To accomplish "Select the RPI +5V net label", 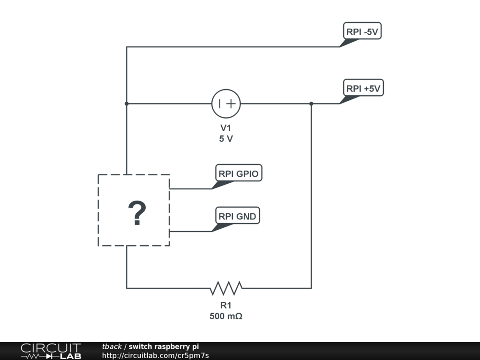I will tap(364, 88).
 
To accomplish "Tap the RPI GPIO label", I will tap(238, 173).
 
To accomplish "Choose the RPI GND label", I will tap(237, 216).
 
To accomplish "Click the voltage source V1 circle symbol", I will tap(226, 104).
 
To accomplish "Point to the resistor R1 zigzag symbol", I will tap(226, 288).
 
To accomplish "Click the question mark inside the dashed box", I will tap(137, 214).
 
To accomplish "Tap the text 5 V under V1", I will tap(226, 139).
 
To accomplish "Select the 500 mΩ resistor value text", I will tap(226, 316).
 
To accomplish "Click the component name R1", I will tap(226, 306).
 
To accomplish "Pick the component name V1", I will tap(226, 128).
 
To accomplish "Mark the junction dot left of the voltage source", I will tap(127, 104).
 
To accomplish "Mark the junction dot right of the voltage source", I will tap(311, 104).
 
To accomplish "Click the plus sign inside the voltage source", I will tap(231, 104).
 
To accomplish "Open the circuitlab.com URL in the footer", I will tap(155, 355).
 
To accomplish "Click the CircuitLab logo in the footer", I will tap(51, 351).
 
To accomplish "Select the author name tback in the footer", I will tap(112, 346).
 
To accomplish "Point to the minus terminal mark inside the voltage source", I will tap(220, 104).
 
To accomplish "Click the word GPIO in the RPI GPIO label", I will tap(247, 173).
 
